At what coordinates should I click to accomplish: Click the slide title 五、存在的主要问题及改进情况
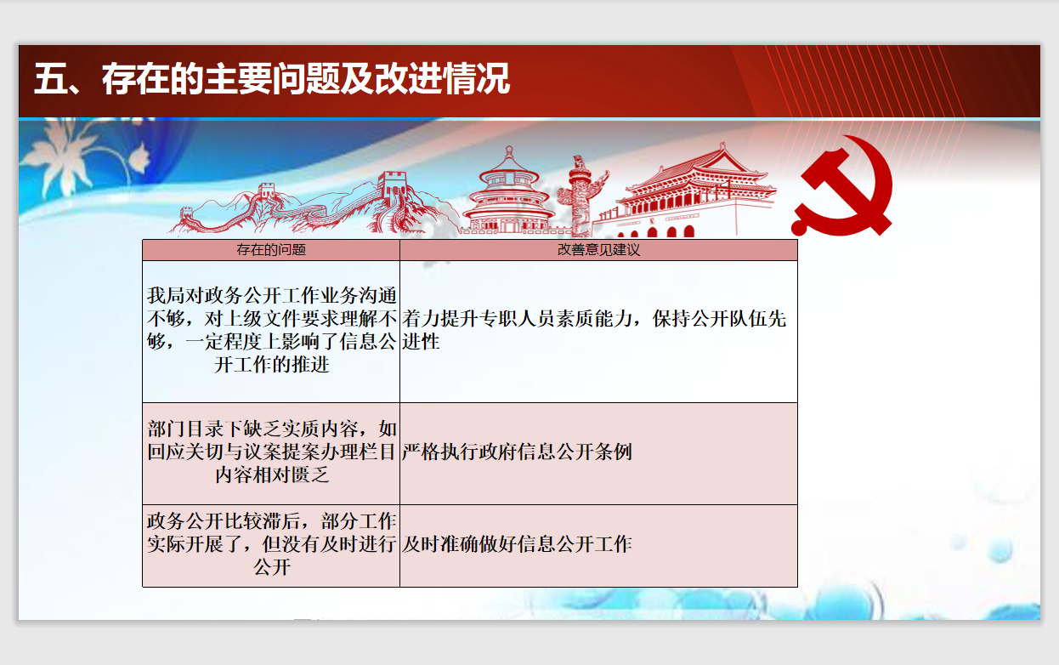pyautogui.click(x=272, y=78)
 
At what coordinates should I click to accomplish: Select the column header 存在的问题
pyautogui.click(x=271, y=250)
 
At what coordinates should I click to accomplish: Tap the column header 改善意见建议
pyautogui.click(x=598, y=250)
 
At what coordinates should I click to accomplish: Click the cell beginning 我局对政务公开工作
pyautogui.click(x=271, y=330)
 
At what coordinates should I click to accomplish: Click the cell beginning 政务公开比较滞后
pyautogui.click(x=271, y=544)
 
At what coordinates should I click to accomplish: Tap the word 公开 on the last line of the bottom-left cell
pyautogui.click(x=272, y=566)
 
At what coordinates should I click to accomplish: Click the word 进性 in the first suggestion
pyautogui.click(x=421, y=341)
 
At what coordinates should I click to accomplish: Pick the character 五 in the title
pyautogui.click(x=50, y=78)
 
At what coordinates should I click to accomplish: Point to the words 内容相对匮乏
pyautogui.click(x=272, y=475)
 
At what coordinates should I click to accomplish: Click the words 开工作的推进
pyautogui.click(x=272, y=364)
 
